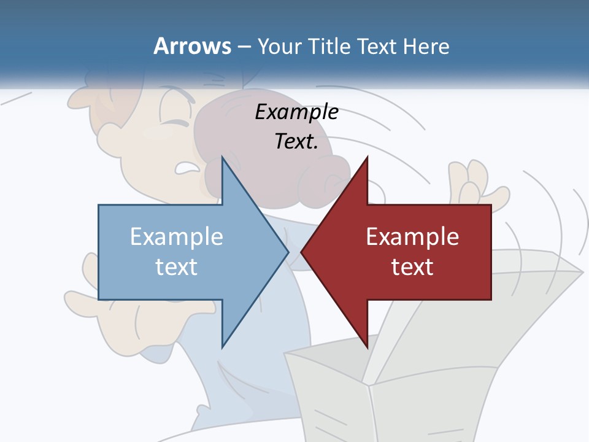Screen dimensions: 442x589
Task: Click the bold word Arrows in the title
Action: [x=192, y=46]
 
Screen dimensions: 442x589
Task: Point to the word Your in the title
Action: [x=278, y=46]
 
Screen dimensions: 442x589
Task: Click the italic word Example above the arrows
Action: [x=296, y=112]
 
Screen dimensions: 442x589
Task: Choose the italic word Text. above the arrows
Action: [x=296, y=142]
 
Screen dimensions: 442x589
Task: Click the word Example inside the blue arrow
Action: [x=177, y=237]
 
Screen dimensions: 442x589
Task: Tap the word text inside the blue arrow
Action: [x=177, y=266]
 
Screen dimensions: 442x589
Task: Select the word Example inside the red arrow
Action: [x=412, y=237]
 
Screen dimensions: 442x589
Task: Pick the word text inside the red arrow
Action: [x=412, y=266]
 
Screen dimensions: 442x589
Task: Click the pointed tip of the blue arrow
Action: [x=288, y=252]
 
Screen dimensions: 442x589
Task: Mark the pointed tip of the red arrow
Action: [x=302, y=252]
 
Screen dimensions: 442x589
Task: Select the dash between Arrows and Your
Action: [x=244, y=47]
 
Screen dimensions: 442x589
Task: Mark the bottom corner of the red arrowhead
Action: [x=367, y=347]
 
